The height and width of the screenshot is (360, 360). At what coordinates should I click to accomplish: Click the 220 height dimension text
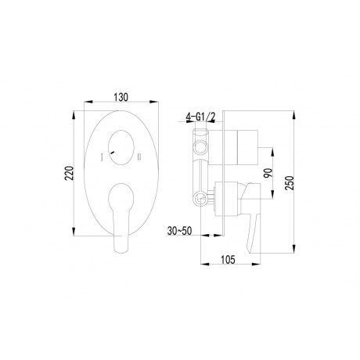pyautogui.click(x=71, y=173)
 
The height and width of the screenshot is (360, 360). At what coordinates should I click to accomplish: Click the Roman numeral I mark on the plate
pyautogui.click(x=101, y=158)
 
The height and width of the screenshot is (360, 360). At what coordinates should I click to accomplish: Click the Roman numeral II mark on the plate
pyautogui.click(x=138, y=158)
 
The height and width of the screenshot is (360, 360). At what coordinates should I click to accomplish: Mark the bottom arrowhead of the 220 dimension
pyautogui.click(x=79, y=236)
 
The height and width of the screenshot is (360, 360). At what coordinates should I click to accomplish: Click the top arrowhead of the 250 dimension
pyautogui.click(x=297, y=110)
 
